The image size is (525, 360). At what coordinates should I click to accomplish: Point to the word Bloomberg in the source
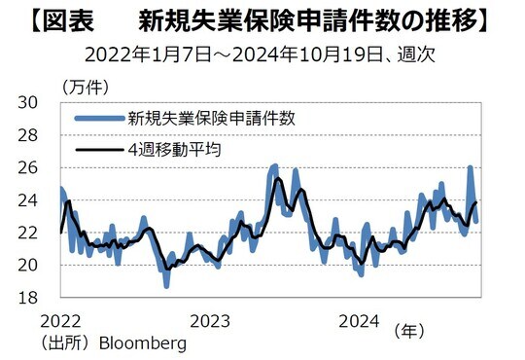[x=139, y=343]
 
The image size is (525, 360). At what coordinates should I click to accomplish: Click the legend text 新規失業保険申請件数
[x=211, y=119]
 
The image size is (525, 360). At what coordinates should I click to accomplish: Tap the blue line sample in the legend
[x=98, y=119]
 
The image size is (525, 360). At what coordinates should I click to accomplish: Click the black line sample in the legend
[x=98, y=150]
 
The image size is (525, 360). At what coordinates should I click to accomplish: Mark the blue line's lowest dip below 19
[x=166, y=286]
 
